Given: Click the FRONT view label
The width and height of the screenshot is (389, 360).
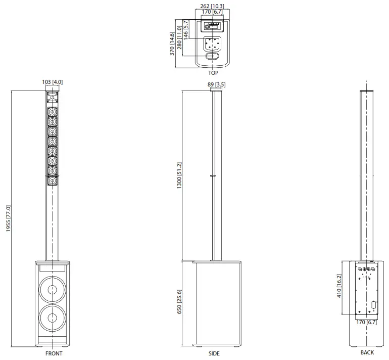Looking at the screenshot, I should click(54, 353).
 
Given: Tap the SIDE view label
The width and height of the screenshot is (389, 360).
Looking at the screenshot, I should click(214, 353).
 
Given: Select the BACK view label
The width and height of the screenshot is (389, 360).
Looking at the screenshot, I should click(367, 352).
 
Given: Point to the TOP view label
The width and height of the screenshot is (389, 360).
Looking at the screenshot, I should click(213, 73).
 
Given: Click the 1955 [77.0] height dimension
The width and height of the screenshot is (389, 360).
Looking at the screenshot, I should click(8, 218).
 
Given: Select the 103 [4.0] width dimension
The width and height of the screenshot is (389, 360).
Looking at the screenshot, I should click(53, 82).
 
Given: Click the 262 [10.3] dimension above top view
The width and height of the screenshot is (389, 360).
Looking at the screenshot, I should click(212, 7).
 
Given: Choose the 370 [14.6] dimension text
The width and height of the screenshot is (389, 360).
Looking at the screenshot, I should click(172, 44).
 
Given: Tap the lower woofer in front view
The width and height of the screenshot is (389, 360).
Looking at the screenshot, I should click(53, 319).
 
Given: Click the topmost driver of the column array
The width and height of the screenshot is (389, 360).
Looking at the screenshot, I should click(53, 112).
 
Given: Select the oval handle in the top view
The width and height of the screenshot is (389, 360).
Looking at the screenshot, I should click(213, 57).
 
